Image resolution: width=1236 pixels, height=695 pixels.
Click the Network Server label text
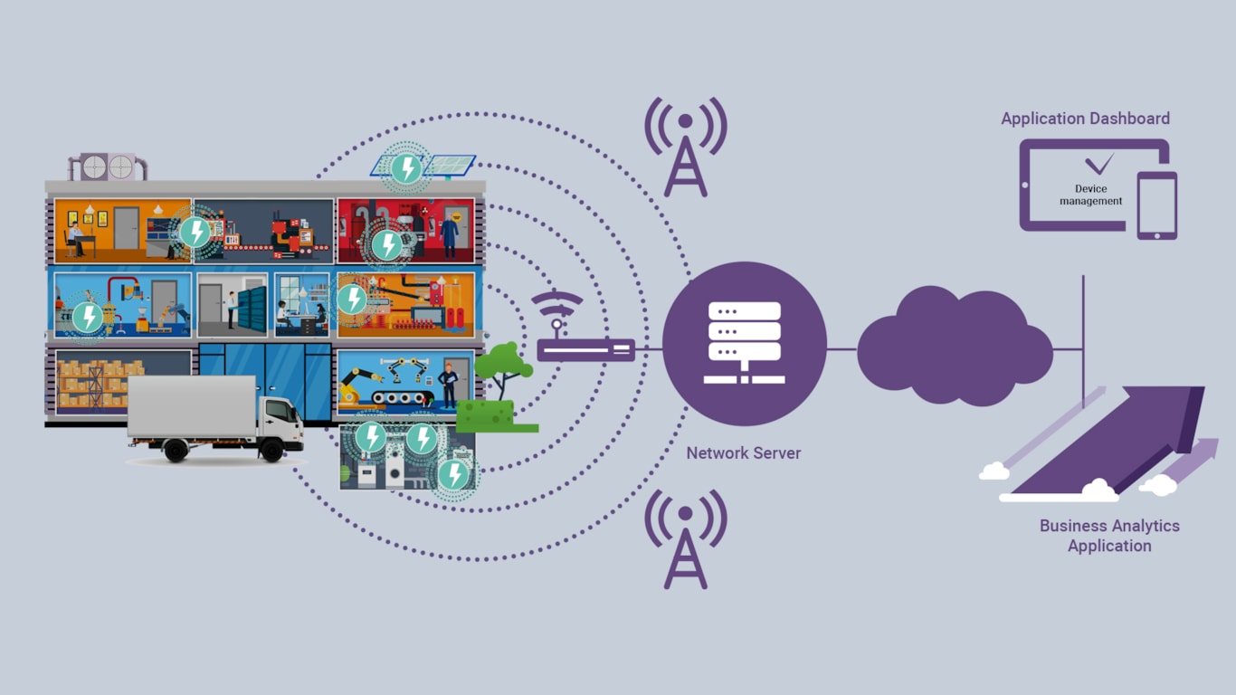pyautogui.click(x=743, y=452)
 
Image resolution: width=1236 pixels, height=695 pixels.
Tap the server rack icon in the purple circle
pyautogui.click(x=744, y=343)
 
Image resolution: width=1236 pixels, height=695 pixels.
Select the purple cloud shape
pyautogui.click(x=954, y=347)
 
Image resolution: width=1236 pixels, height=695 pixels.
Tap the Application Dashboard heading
pyautogui.click(x=1085, y=119)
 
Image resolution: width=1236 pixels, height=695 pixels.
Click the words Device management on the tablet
pyautogui.click(x=1091, y=195)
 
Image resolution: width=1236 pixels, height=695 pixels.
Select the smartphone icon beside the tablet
pyautogui.click(x=1157, y=205)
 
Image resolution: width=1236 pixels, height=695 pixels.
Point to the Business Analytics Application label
pyautogui.click(x=1109, y=536)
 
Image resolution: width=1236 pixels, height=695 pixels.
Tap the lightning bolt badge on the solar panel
pyautogui.click(x=406, y=167)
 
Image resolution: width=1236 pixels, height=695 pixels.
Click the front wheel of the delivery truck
pyautogui.click(x=270, y=449)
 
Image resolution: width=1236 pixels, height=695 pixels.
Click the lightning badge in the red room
pyautogui.click(x=388, y=244)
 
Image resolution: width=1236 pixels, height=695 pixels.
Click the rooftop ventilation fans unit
pyautogui.click(x=108, y=167)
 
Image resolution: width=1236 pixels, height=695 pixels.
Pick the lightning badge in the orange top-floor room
pyautogui.click(x=195, y=232)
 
